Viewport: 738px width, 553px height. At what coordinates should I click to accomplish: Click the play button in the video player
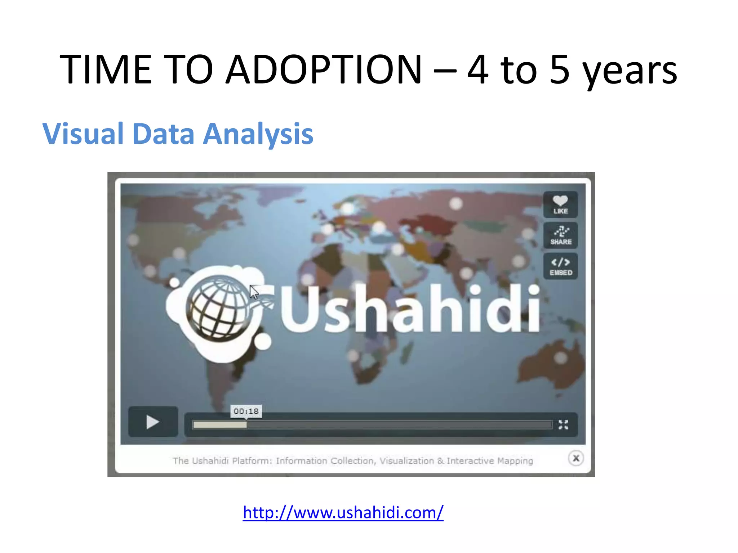[153, 422]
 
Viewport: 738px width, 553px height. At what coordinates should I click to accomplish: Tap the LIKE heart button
[560, 204]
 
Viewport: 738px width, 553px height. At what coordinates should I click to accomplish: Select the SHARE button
[561, 235]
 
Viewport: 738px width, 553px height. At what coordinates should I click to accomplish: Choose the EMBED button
[561, 266]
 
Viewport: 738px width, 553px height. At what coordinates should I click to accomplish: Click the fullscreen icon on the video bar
[563, 425]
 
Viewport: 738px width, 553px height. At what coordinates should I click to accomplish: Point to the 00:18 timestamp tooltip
[246, 411]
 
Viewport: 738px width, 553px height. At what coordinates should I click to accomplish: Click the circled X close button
[576, 458]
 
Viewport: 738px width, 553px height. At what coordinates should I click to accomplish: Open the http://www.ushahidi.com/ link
[343, 512]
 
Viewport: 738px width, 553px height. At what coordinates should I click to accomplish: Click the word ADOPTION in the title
[324, 69]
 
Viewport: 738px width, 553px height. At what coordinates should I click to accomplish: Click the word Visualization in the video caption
[406, 461]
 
